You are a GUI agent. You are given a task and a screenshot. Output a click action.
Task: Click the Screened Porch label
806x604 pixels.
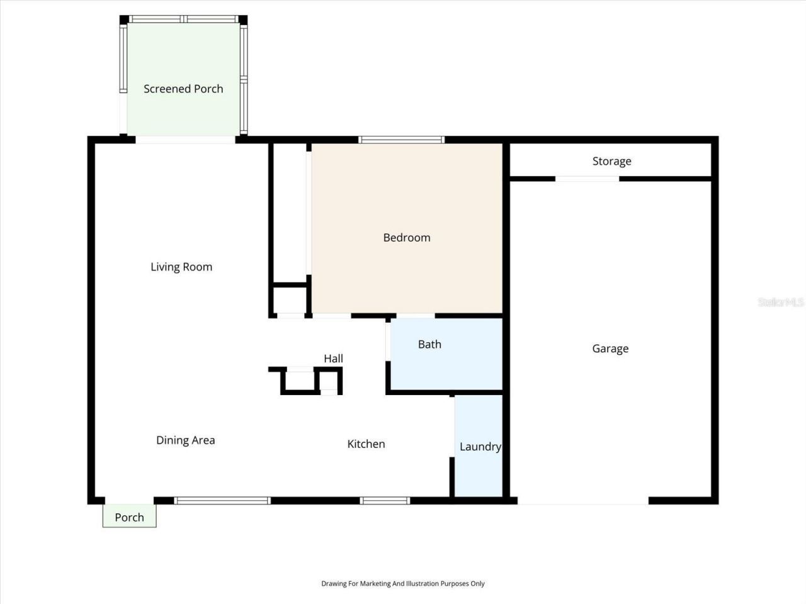tap(183, 89)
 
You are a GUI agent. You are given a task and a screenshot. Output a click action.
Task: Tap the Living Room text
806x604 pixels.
tap(181, 267)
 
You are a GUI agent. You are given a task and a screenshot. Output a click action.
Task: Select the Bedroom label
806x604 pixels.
tap(407, 237)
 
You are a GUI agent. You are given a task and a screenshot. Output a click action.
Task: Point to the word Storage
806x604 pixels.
tap(611, 161)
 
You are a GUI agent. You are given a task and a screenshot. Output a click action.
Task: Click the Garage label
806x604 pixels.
tap(610, 349)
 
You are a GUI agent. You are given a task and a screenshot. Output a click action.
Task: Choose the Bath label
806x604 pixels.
tap(429, 344)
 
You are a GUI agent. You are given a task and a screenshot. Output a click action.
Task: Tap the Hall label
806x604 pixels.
tap(333, 359)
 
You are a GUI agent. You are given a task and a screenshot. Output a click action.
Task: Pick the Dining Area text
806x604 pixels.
tap(185, 440)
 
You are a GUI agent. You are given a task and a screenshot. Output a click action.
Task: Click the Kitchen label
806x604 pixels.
tap(366, 444)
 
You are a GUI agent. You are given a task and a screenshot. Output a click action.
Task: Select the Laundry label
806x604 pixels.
tap(480, 447)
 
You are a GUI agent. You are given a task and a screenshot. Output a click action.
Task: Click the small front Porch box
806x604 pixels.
tap(129, 517)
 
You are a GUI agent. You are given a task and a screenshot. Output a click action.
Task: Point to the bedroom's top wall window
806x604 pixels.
tap(401, 140)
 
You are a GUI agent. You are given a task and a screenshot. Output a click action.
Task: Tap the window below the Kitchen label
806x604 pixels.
tap(385, 501)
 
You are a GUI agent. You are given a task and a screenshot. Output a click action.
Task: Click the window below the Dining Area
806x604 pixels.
tap(222, 501)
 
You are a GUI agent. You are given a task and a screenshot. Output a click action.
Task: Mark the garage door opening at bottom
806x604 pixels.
tap(582, 501)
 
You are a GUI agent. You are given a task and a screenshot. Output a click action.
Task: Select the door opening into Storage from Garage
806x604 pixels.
tap(587, 179)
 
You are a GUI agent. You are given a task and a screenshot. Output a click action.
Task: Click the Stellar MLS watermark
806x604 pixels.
tap(780, 302)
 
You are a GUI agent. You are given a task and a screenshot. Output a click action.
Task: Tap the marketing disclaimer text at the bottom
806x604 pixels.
tap(403, 583)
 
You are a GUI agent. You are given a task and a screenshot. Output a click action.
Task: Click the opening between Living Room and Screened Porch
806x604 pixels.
tap(185, 140)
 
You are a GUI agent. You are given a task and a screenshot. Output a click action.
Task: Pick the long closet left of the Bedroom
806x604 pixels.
tap(290, 211)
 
